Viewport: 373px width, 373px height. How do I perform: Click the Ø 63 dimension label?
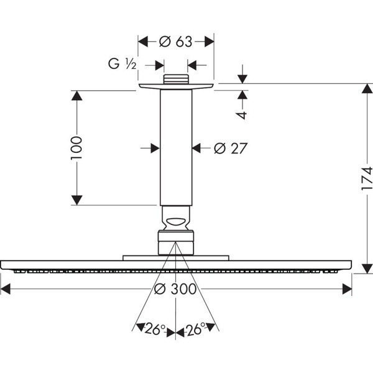[175, 42]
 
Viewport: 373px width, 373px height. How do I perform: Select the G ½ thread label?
[122, 64]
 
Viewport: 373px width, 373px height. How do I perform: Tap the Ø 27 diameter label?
[231, 149]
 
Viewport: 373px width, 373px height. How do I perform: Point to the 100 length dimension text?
[76, 148]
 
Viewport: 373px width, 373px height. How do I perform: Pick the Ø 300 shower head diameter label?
[175, 289]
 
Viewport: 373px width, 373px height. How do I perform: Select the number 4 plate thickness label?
[242, 115]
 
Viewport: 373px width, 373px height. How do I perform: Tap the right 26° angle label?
[196, 329]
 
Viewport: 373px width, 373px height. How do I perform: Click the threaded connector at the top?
[176, 79]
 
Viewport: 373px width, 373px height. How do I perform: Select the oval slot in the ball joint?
[176, 221]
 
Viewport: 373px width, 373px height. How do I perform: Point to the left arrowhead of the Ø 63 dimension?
[143, 42]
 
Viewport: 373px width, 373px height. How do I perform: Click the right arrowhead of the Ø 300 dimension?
[347, 289]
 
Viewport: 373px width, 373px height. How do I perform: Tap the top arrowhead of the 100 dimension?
[76, 96]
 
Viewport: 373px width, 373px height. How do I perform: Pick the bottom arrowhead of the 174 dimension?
[367, 269]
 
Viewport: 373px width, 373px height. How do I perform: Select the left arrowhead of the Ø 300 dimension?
[6, 289]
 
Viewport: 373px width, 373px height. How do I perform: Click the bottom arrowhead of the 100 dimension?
[76, 200]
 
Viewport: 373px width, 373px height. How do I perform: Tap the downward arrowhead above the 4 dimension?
[242, 79]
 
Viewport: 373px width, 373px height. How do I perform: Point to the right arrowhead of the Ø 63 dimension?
[210, 42]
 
